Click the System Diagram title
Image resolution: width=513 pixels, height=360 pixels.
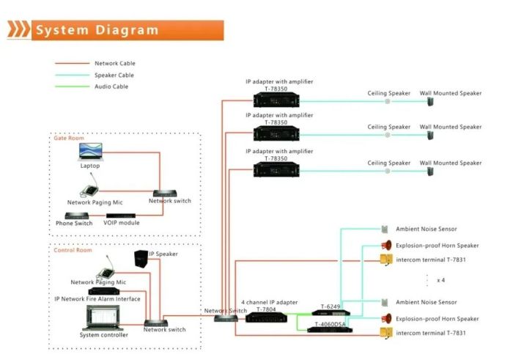pos(97,30)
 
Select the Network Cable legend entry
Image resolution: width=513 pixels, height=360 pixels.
pos(115,64)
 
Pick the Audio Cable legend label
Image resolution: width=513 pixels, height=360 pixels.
pos(111,87)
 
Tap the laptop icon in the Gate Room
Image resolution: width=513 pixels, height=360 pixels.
pos(91,152)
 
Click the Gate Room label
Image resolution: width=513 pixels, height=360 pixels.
pos(68,138)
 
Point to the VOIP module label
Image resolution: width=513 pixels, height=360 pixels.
pos(122,223)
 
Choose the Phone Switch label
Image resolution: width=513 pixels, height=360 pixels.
pos(73,223)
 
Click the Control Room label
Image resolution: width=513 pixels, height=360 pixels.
pos(73,250)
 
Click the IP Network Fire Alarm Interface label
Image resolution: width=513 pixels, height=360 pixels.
pos(97,298)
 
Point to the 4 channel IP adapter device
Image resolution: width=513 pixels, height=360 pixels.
pos(260,317)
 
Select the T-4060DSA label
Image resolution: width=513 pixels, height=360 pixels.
pos(330,324)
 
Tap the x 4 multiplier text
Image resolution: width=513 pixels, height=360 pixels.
pos(442,281)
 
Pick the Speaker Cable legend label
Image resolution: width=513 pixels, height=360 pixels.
pos(114,76)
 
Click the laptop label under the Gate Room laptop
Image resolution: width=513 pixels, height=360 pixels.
pos(90,166)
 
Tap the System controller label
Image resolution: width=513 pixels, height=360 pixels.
pos(104,335)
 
